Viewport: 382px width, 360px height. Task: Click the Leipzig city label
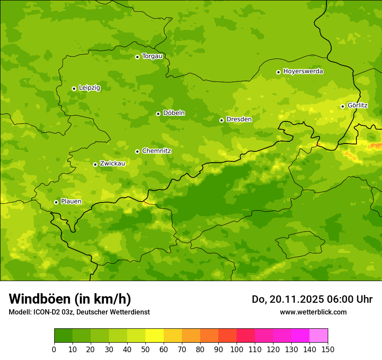[x=89, y=88]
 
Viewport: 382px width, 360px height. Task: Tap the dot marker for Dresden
[x=221, y=120]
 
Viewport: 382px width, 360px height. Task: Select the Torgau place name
[x=152, y=56]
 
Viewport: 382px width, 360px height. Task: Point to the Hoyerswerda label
[x=303, y=72]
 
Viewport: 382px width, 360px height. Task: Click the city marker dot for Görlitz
[x=342, y=106]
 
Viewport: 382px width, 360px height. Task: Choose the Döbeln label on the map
[x=174, y=113]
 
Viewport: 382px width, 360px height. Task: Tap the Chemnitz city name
[x=156, y=151]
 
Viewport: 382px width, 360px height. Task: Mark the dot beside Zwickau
[x=95, y=164]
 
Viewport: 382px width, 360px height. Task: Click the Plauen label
[x=71, y=202]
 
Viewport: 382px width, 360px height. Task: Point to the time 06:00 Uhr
[x=343, y=299]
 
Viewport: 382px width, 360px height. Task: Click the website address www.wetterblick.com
[x=313, y=312]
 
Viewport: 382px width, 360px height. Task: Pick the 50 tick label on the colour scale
[x=145, y=349]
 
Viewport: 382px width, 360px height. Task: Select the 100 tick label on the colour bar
[x=237, y=349]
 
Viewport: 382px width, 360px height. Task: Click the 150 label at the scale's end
[x=328, y=349]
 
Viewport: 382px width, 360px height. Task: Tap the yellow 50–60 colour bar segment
[x=155, y=336]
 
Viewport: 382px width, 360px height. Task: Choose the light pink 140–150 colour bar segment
[x=319, y=336]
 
